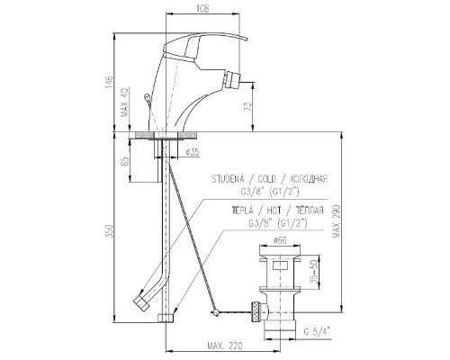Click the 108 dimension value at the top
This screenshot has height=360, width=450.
(x=202, y=8)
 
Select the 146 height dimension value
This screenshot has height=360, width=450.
(x=109, y=82)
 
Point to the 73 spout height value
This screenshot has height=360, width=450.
(x=247, y=107)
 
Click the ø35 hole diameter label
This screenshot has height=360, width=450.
(x=193, y=152)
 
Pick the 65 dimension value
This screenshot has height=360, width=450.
(x=126, y=161)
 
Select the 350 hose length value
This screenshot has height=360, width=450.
(x=110, y=231)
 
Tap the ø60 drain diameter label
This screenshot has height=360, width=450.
(x=280, y=240)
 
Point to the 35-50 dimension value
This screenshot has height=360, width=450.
(x=314, y=272)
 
